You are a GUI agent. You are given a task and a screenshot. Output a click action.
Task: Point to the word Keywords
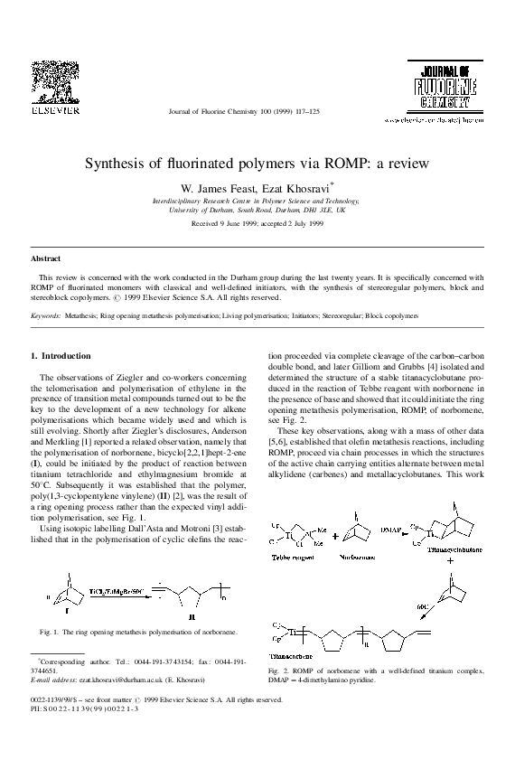click(45, 317)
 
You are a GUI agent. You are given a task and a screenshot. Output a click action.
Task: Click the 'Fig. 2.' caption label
click(278, 671)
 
